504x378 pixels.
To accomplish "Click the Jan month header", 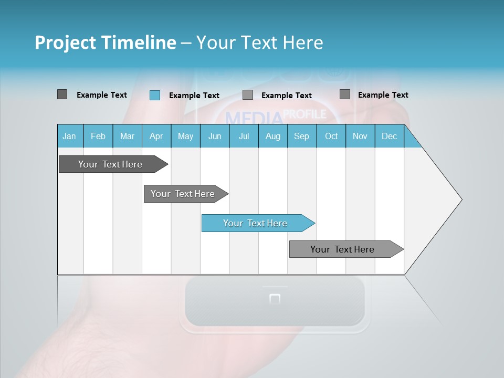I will [69, 136].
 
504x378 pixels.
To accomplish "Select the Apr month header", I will [156, 136].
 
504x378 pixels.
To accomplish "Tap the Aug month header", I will [272, 136].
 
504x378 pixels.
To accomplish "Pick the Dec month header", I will [389, 136].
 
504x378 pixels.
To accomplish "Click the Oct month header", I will [331, 136].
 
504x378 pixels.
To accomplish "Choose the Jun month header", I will [215, 136].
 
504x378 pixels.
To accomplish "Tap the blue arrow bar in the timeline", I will [256, 223].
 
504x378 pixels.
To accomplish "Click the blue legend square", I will [155, 95].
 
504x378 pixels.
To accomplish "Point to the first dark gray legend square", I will [62, 94].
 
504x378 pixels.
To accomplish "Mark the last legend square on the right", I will [345, 94].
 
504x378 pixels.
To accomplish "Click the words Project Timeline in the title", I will [105, 43].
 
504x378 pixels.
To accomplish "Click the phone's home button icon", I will [275, 299].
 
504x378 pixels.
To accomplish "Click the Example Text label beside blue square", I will [194, 96].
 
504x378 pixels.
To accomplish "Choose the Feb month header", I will [98, 136].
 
